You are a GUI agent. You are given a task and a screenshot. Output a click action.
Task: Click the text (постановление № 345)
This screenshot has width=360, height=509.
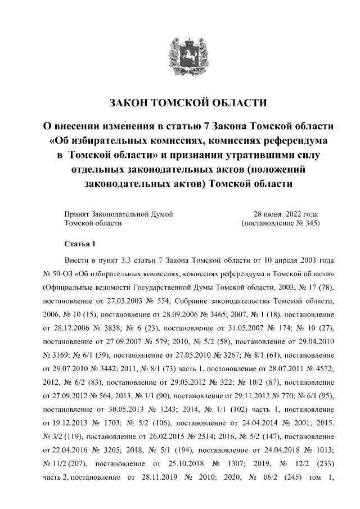coord(280,223)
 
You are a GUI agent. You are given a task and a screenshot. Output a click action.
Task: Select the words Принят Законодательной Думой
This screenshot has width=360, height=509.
coord(119,214)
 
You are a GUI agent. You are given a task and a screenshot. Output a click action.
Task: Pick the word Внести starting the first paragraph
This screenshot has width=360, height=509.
coord(78,262)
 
